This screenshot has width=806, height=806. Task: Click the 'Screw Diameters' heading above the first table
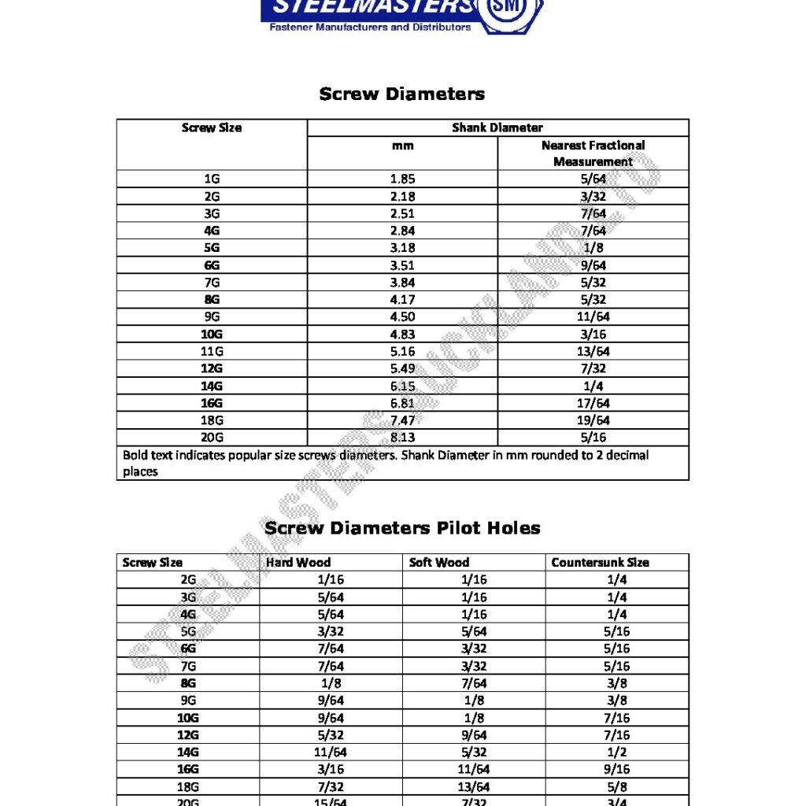pos(401,94)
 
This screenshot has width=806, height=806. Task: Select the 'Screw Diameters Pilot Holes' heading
pos(402,527)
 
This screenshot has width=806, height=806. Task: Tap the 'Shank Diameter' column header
pos(497,128)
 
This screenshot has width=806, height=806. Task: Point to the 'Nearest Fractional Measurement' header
pos(593,153)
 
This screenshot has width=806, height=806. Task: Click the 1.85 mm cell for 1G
pos(402,179)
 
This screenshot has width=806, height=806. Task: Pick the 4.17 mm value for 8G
pos(402,299)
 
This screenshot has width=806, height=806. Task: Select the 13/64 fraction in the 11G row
pos(593,351)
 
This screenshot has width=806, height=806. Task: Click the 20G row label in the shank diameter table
pos(212,438)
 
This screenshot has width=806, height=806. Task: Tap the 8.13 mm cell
pos(402,438)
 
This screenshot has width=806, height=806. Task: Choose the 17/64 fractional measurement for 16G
pos(593,403)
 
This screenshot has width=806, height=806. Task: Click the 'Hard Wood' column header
pos(298,563)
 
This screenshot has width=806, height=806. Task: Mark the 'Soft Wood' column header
pos(439,563)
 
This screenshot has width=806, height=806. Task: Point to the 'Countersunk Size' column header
pos(600,563)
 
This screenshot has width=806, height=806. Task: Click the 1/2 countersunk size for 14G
pos(617,752)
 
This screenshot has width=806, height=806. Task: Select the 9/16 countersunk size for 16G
pos(617,770)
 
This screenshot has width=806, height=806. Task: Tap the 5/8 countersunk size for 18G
pos(617,787)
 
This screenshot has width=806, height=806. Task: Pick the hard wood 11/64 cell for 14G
pos(331,752)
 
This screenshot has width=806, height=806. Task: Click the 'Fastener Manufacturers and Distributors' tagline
pos(370,28)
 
